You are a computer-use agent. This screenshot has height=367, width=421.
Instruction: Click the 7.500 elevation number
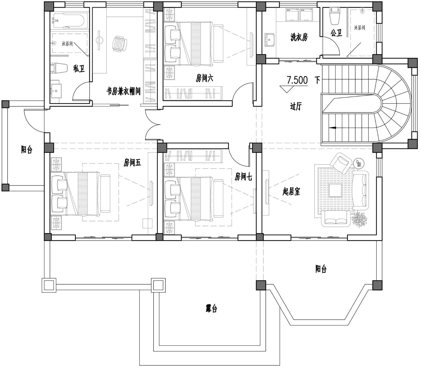(x=297, y=80)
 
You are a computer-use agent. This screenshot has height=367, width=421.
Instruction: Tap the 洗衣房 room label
(x=299, y=37)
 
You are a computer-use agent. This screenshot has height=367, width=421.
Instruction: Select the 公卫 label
(x=337, y=33)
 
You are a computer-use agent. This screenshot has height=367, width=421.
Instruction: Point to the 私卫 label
(x=79, y=68)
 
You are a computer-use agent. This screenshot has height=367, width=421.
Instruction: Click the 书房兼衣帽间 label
(x=123, y=91)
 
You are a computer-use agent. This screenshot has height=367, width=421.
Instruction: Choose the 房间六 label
(x=204, y=78)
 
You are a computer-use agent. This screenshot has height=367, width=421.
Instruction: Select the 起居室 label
(x=291, y=192)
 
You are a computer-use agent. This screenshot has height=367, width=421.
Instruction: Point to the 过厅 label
(x=296, y=107)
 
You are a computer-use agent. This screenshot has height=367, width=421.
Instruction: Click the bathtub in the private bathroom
(x=68, y=20)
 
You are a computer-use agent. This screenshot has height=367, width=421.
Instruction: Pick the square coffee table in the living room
(x=336, y=190)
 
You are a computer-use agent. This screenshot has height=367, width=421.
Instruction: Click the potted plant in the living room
(x=359, y=220)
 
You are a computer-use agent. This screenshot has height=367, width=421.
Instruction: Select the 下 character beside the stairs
(x=317, y=80)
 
